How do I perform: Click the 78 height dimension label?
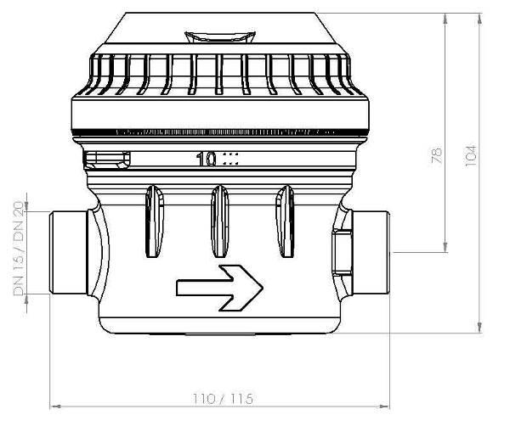(x=437, y=155)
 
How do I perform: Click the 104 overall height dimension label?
(x=471, y=156)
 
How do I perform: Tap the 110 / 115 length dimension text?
(x=223, y=399)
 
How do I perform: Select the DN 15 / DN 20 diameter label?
(x=19, y=249)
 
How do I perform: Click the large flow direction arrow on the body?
(x=219, y=288)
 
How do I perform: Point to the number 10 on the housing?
(x=207, y=160)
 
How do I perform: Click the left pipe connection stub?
(x=68, y=253)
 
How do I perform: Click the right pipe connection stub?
(x=371, y=252)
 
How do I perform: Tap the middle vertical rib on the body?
(x=220, y=221)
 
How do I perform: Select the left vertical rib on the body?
(x=155, y=221)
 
